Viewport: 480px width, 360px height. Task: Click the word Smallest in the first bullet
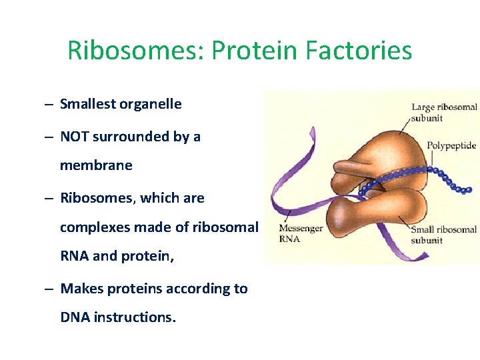click(x=87, y=104)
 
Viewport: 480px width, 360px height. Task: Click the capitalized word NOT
click(x=75, y=137)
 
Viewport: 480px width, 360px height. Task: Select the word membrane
click(x=96, y=165)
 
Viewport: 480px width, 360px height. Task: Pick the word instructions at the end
click(x=135, y=317)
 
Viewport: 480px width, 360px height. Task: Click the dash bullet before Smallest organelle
click(x=50, y=105)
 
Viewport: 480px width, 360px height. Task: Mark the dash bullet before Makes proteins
click(x=50, y=289)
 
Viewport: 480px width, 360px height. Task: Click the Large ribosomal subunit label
click(x=443, y=112)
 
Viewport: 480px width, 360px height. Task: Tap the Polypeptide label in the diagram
click(x=451, y=145)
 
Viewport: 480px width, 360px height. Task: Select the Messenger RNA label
click(x=301, y=233)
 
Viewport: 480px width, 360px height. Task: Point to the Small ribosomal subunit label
click(x=443, y=235)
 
